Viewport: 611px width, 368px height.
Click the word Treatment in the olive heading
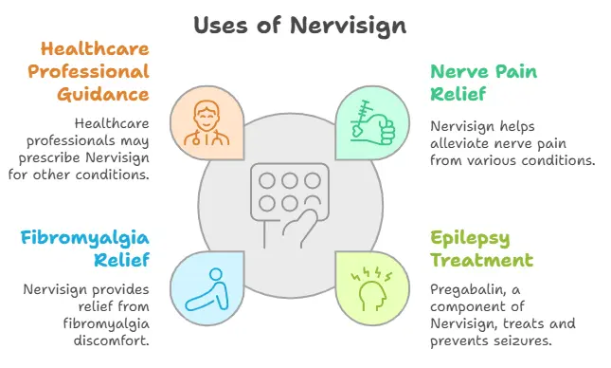[482, 260]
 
